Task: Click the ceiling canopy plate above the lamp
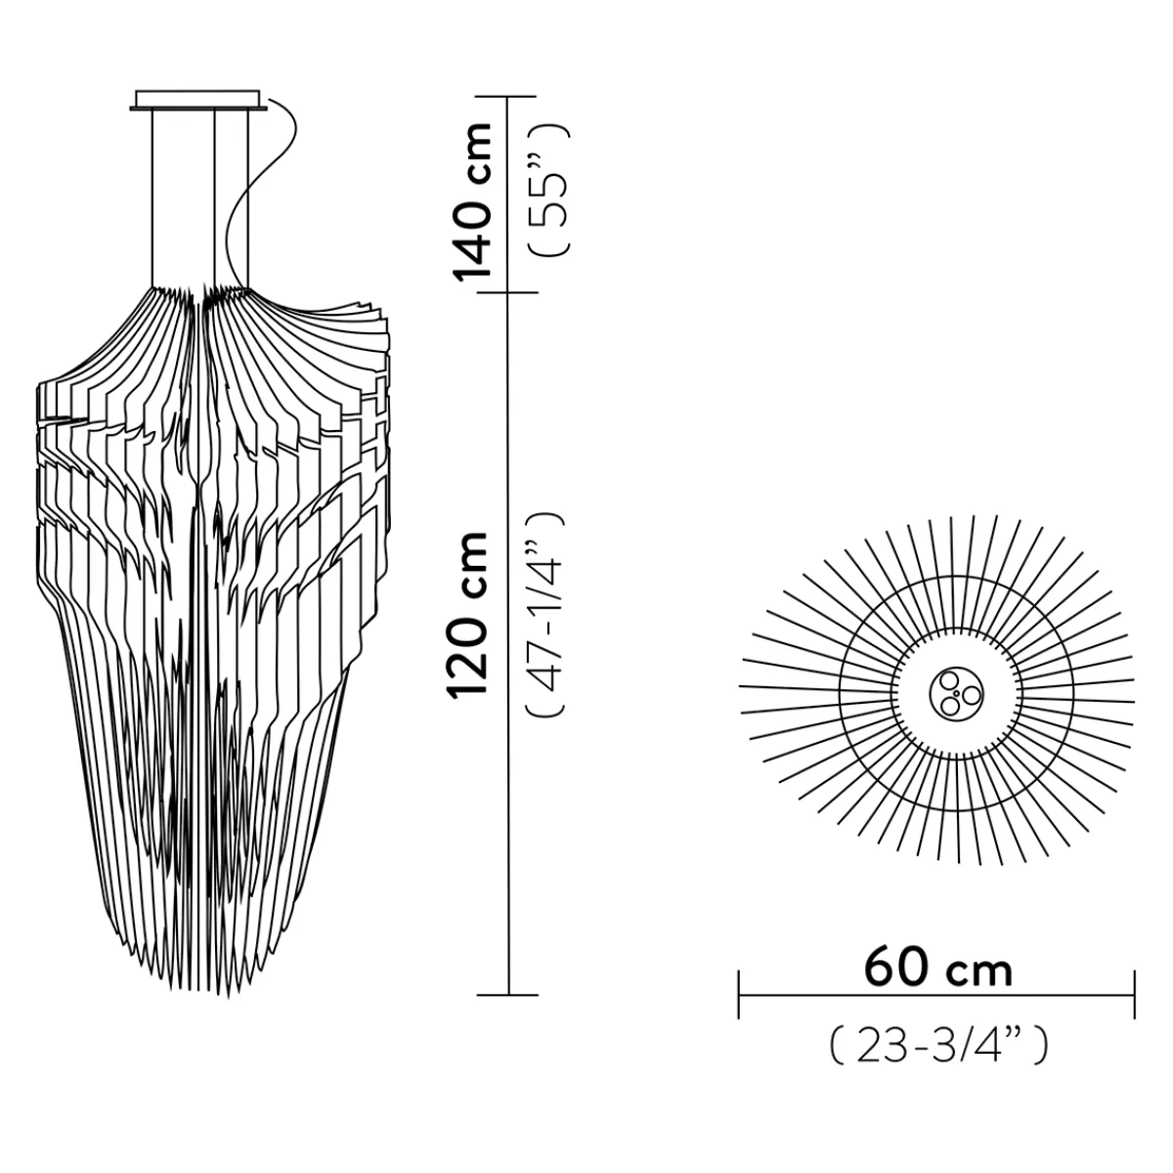[x=198, y=101]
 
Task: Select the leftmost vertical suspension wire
[x=153, y=195]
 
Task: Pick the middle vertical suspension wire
[x=214, y=195]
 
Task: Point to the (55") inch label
[x=547, y=191]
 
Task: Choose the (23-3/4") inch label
[x=938, y=1046]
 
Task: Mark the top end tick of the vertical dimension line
[x=508, y=97]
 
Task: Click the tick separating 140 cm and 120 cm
[x=508, y=291]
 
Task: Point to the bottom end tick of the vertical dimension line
[x=508, y=995]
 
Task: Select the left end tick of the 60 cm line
[x=740, y=994]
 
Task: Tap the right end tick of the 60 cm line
[x=1135, y=994]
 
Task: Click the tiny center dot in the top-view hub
[x=957, y=692]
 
